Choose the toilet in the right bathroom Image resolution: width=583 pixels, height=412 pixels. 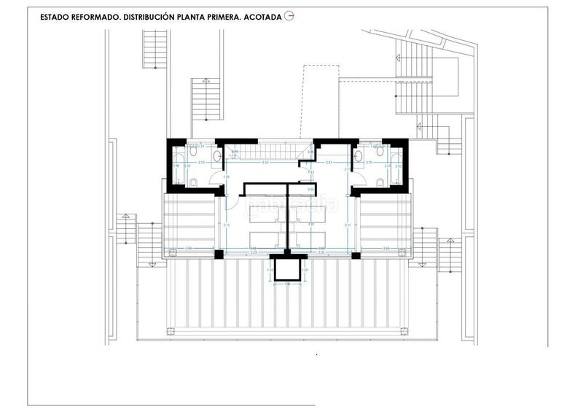357,155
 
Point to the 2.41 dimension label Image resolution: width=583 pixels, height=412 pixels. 329,163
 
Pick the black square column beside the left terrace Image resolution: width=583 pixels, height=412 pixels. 218,254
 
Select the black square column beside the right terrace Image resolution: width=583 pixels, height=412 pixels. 356,254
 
